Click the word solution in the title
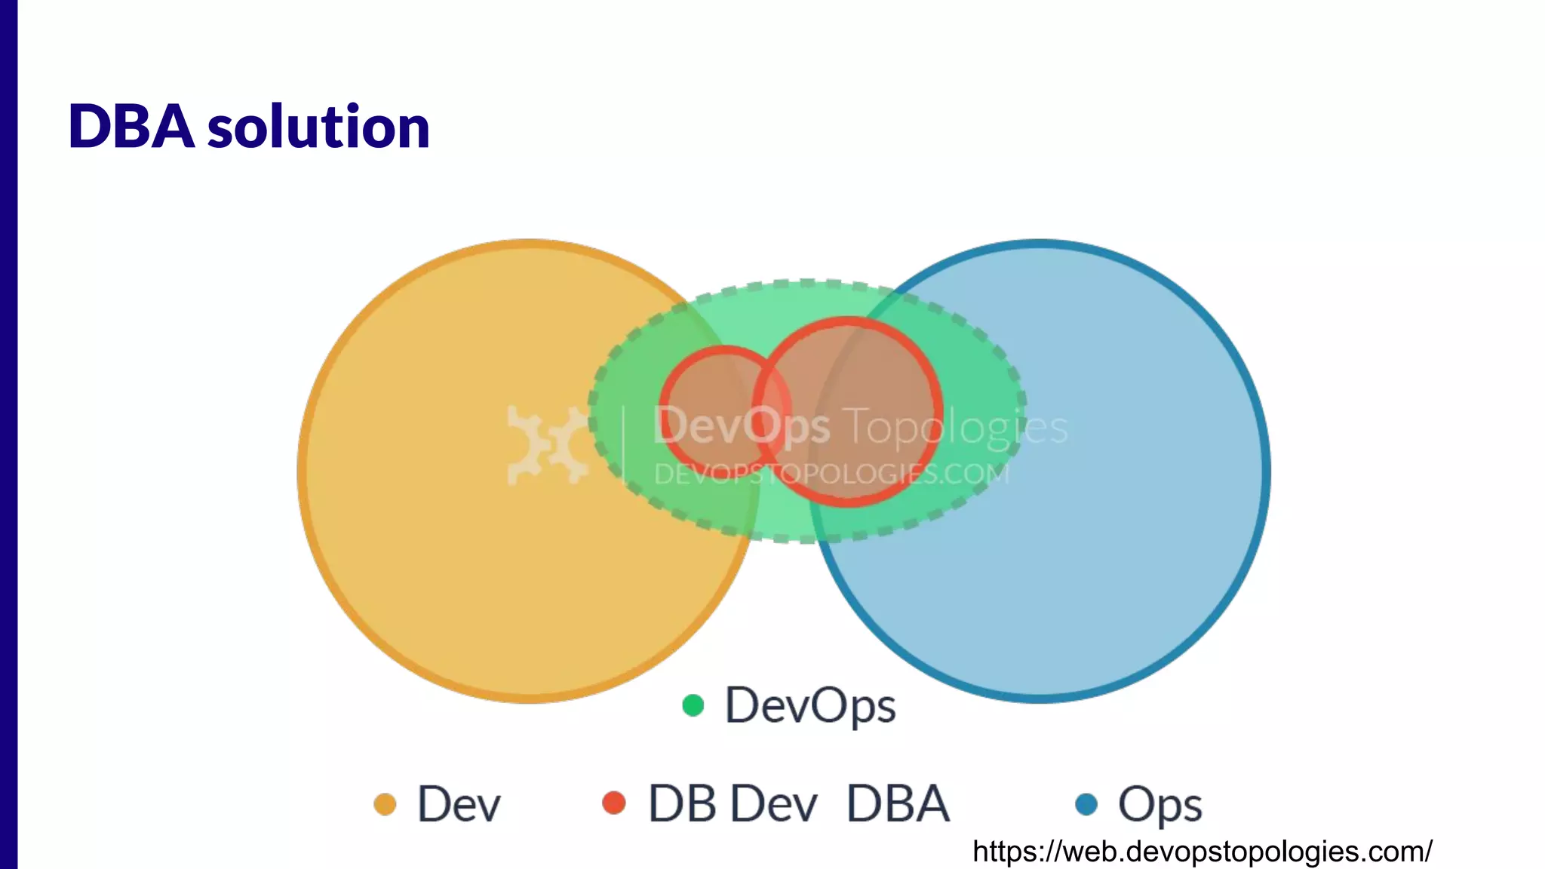coord(318,127)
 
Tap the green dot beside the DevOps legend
coord(693,705)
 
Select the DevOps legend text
coord(810,706)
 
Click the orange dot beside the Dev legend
coord(385,804)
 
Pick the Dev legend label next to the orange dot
coord(459,804)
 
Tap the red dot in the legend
coord(614,803)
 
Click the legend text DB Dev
coord(733,804)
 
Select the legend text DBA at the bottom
coord(898,804)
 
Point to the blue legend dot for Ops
coord(1086,804)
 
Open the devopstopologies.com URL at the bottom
coord(1202,852)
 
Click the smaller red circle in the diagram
coord(705,392)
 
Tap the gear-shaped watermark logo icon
coord(548,445)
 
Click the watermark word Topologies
coord(957,427)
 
